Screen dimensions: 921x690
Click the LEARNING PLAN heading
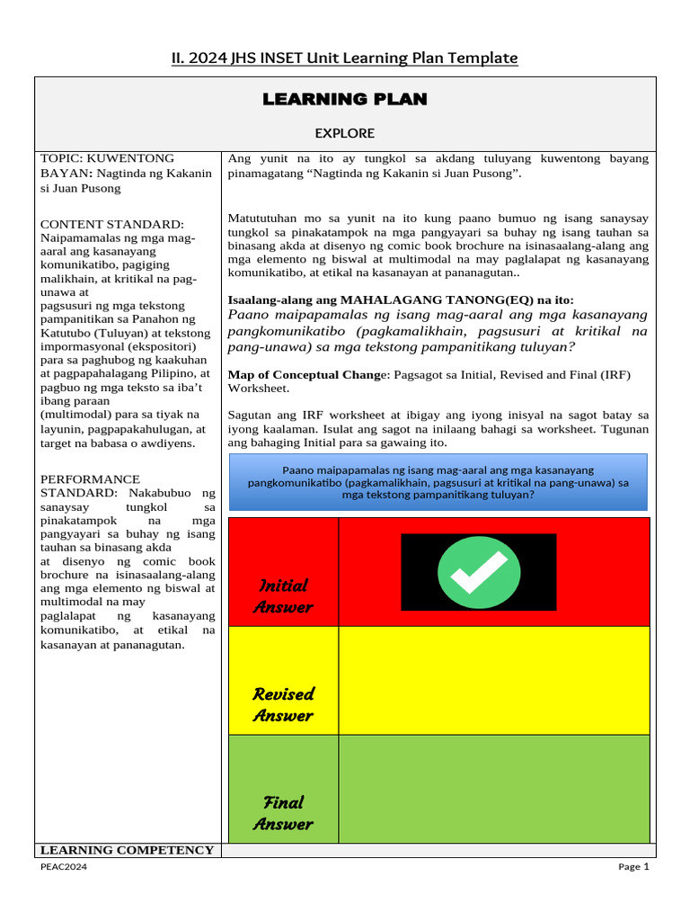coord(345,99)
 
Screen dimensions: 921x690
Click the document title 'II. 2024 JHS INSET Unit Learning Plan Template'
coord(345,58)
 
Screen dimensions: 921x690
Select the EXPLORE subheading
coord(345,133)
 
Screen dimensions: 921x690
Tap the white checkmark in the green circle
coord(478,572)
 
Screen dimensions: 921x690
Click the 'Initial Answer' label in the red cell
coord(284,596)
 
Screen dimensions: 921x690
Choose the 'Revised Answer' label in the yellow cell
coord(284,704)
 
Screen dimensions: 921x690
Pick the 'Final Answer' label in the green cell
coord(284,812)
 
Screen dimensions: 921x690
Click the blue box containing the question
coord(438,482)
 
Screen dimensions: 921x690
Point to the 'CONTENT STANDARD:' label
coord(112,224)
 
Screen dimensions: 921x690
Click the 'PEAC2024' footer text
coord(64,867)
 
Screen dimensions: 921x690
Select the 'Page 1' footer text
coord(632,867)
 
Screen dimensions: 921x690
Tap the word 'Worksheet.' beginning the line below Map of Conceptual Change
coord(259,389)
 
